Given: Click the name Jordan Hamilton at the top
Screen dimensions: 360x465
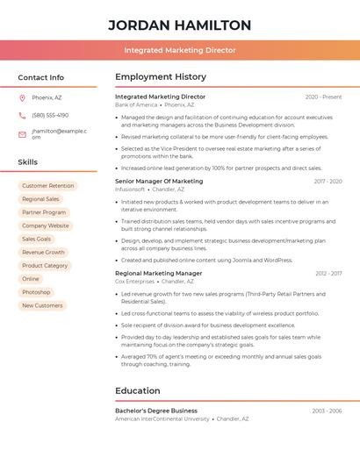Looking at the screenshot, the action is [179, 25].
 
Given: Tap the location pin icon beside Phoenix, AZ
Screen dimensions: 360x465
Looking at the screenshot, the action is [22, 97].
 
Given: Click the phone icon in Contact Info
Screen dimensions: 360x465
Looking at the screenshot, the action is [22, 115].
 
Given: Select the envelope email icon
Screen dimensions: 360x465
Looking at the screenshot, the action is [22, 134].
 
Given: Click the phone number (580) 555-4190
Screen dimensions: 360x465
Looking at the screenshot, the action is [50, 115].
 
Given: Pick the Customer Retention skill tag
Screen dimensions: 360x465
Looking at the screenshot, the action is [48, 186].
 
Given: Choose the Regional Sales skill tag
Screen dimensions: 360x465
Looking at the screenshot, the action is [40, 199].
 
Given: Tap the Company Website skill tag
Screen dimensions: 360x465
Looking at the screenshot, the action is [46, 225].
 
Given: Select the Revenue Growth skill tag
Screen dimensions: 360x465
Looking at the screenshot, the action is [43, 252].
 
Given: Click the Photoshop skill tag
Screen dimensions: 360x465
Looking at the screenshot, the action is [36, 292].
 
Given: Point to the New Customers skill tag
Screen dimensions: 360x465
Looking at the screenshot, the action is [42, 305].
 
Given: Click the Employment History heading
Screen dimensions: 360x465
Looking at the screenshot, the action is [161, 77].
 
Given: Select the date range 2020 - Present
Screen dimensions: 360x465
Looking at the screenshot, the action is [323, 97].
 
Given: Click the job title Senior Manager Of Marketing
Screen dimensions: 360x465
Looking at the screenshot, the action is [159, 182].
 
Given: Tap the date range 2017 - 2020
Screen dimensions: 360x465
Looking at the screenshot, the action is [328, 182].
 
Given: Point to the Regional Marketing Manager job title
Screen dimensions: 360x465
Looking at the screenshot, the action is [158, 274].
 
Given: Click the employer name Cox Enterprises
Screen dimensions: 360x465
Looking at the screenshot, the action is [134, 282].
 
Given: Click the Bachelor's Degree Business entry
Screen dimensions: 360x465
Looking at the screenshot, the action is [156, 411].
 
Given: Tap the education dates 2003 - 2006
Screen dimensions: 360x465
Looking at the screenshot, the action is [327, 411].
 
